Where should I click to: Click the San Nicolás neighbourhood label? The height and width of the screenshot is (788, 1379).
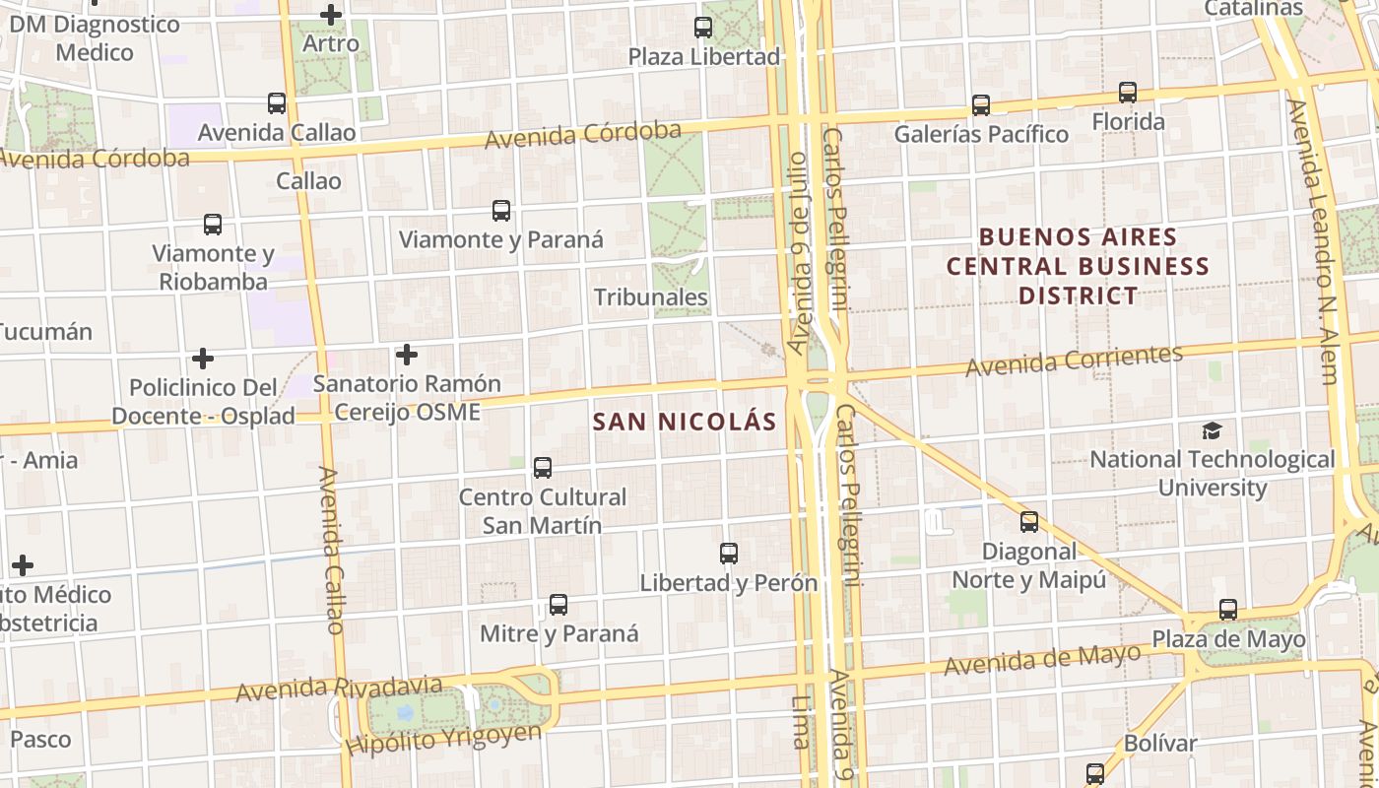[685, 422]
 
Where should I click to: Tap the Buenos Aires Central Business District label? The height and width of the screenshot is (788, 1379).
[1079, 266]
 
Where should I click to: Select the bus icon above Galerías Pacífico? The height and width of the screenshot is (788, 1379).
[980, 105]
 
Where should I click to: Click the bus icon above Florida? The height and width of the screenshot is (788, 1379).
[1128, 94]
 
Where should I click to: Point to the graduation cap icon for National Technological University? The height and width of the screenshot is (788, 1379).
[1212, 430]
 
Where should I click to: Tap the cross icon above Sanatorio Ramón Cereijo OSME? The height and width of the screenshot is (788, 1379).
[406, 354]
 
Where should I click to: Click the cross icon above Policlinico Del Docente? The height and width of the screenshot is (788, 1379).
[203, 359]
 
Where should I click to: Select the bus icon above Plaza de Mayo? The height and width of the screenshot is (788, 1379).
[1227, 610]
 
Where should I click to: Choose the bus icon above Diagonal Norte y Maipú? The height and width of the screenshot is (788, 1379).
[1029, 522]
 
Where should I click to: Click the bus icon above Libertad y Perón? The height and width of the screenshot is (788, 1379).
[729, 554]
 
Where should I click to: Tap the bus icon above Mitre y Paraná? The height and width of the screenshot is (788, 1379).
[558, 605]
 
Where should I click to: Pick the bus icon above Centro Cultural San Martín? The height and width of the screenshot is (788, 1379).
[542, 468]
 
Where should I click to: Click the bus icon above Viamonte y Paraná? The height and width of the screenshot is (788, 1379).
[501, 211]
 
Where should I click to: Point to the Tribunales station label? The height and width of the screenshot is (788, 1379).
[651, 296]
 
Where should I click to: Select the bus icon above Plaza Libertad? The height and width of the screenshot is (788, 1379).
[703, 28]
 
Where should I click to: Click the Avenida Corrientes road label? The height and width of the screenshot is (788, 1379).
[1074, 361]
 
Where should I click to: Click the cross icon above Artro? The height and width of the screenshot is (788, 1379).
[331, 15]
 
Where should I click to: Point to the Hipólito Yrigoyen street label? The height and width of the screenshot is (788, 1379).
[443, 740]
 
